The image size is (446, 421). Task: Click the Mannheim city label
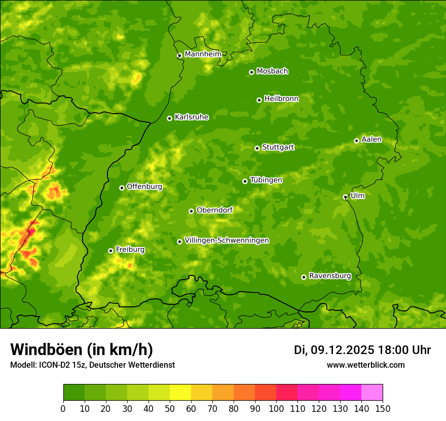(203, 54)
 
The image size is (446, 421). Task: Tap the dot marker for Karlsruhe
(169, 118)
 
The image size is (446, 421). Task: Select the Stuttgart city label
(278, 147)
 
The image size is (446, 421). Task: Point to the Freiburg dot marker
(110, 251)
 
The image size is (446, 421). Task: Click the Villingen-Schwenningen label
(227, 240)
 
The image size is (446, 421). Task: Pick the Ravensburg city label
(329, 276)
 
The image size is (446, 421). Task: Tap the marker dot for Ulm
(345, 197)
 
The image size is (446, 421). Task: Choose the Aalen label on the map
(371, 139)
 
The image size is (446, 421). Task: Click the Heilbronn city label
(281, 99)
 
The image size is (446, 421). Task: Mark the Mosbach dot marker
(251, 72)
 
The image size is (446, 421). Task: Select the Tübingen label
(266, 180)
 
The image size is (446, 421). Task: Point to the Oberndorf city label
(214, 210)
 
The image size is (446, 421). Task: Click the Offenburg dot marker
(122, 188)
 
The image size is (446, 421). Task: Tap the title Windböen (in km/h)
(82, 349)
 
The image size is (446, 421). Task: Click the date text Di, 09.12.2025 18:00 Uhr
(362, 350)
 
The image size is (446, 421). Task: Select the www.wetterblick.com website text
(365, 365)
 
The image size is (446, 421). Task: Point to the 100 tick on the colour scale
(276, 408)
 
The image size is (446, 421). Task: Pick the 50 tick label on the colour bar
(170, 408)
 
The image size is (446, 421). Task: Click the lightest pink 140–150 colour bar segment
(372, 392)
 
